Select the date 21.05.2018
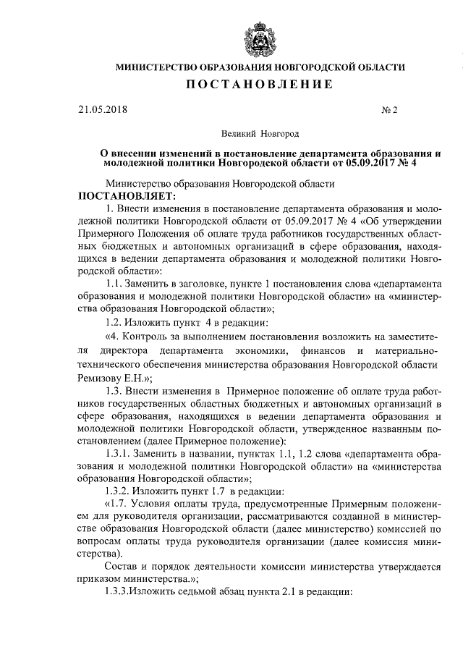103,110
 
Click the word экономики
279,352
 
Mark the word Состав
123,566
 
